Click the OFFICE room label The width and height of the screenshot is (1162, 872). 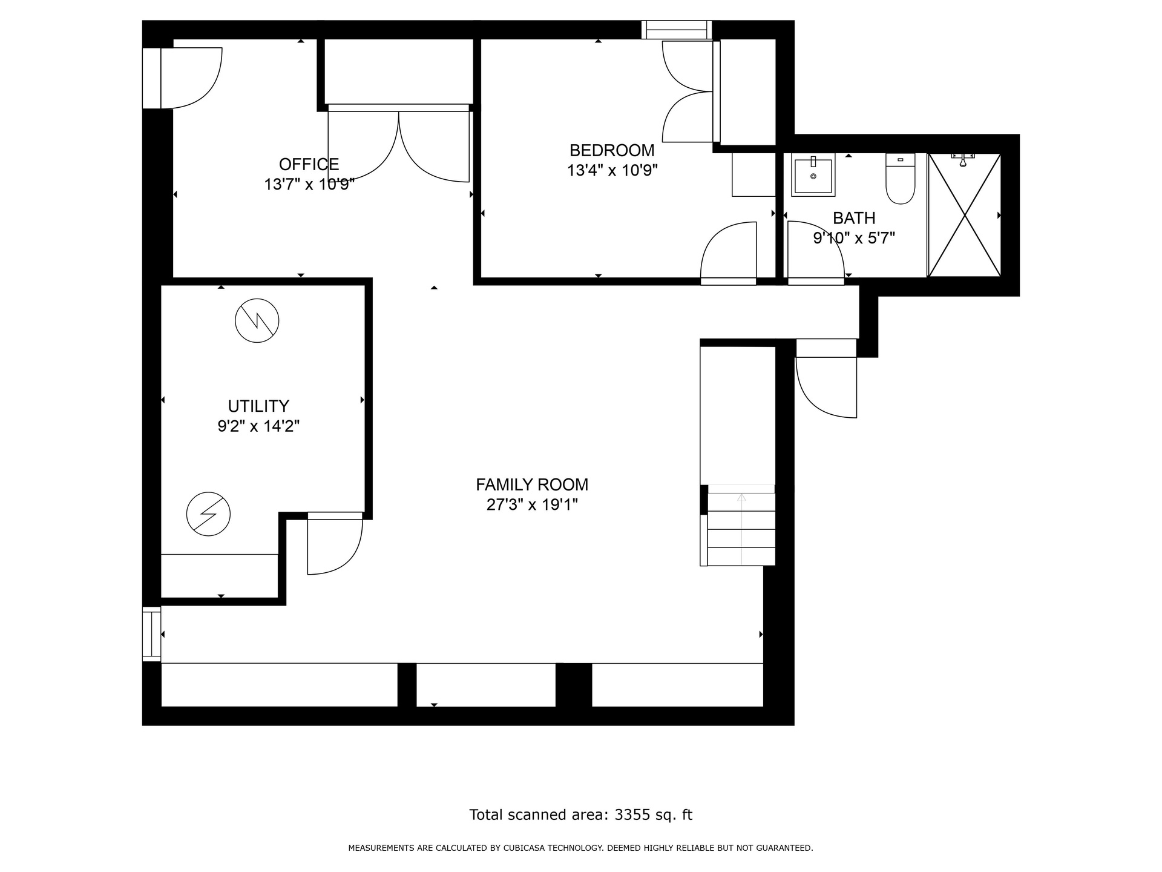coord(309,164)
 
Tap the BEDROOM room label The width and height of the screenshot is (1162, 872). coord(612,150)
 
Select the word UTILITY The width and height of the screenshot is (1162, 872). coord(258,406)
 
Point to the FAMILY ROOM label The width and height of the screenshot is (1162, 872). coord(532,484)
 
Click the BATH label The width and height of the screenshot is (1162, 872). coord(854,218)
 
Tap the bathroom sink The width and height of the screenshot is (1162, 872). coord(813,175)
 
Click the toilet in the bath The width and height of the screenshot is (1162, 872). coord(901,179)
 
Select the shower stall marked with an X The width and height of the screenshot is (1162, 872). coord(964,216)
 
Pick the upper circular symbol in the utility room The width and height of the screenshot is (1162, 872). coord(257,320)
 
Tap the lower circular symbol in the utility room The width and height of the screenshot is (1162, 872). coord(208,514)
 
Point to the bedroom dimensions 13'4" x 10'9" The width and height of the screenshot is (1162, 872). coord(612,170)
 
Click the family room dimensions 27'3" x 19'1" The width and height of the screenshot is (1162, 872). coord(532,504)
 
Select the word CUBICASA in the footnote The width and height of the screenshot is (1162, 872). coord(523,848)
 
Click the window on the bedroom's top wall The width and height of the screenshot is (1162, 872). coord(677,30)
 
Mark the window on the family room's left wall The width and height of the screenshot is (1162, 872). coord(152,633)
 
